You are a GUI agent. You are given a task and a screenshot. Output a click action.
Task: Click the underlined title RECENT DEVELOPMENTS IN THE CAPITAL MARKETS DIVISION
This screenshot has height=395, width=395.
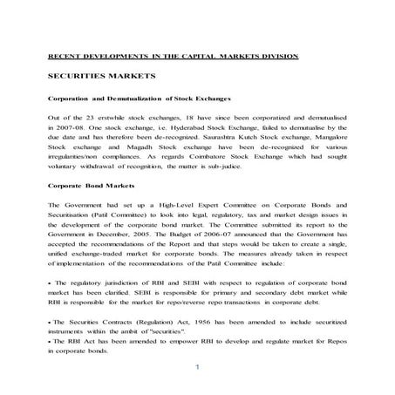(x=173, y=56)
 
